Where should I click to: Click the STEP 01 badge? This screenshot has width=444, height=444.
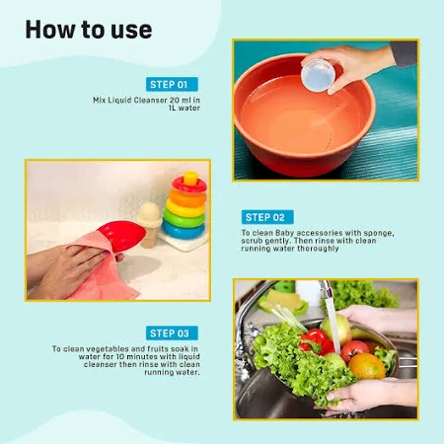(x=172, y=84)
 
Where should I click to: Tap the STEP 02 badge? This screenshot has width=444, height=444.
(x=267, y=217)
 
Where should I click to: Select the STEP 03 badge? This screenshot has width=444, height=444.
(x=172, y=333)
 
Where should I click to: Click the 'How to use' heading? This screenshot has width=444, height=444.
(x=89, y=30)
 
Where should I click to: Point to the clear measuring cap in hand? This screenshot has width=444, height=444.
(x=318, y=76)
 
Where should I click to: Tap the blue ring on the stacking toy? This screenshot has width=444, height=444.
(x=184, y=230)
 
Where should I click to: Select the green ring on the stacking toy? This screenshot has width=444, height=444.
(x=185, y=218)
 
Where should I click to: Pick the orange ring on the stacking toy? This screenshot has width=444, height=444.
(x=187, y=198)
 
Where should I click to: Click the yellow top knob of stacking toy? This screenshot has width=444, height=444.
(x=190, y=178)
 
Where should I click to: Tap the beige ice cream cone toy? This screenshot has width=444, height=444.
(x=149, y=224)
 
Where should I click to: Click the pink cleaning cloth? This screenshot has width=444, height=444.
(x=102, y=269)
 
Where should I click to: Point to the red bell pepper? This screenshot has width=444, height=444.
(x=316, y=341)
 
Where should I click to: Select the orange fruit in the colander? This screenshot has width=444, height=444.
(x=367, y=366)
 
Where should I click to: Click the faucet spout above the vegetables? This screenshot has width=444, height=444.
(x=326, y=290)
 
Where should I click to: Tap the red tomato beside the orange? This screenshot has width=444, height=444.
(x=354, y=350)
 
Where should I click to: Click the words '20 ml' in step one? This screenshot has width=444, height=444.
(x=181, y=100)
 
